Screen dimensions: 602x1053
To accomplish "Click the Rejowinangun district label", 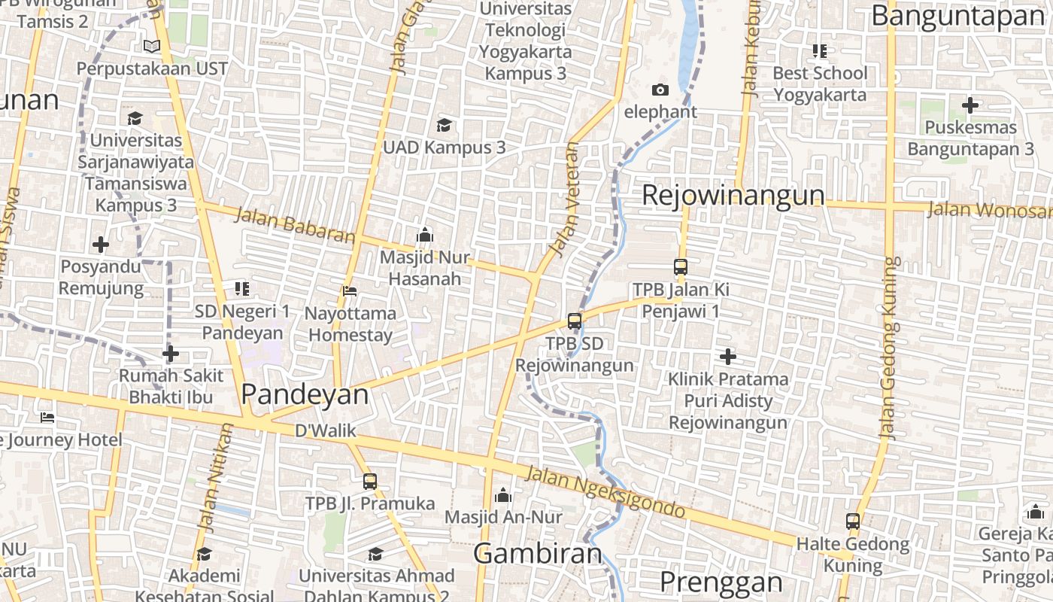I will click(733, 196).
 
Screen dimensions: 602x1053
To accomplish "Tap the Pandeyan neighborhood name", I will click(305, 394).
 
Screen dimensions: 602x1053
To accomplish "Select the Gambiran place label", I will click(538, 554).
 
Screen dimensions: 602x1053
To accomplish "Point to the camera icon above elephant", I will click(660, 90).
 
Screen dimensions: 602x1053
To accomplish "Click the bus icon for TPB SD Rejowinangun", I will click(575, 321).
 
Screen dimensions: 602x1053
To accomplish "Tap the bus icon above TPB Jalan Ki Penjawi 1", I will click(681, 267).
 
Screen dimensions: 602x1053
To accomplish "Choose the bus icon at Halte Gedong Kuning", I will click(853, 521).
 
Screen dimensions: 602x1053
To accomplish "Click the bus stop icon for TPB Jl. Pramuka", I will click(369, 481).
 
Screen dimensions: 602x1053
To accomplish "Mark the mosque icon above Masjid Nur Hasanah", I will click(424, 235).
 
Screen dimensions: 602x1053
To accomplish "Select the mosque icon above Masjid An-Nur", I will click(503, 495).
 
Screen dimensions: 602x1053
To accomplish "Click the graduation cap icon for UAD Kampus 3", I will click(445, 125).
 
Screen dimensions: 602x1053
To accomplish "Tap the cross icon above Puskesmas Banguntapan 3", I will click(970, 105).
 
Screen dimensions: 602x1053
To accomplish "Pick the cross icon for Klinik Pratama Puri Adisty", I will click(727, 356).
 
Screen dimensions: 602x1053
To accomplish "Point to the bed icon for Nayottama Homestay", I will click(349, 290).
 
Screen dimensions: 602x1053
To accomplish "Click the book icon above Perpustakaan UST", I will click(152, 47).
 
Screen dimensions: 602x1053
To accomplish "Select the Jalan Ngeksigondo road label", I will click(605, 493).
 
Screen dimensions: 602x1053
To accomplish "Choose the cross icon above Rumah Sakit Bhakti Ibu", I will click(171, 353).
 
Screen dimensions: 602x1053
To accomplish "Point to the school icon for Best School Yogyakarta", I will click(820, 51).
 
